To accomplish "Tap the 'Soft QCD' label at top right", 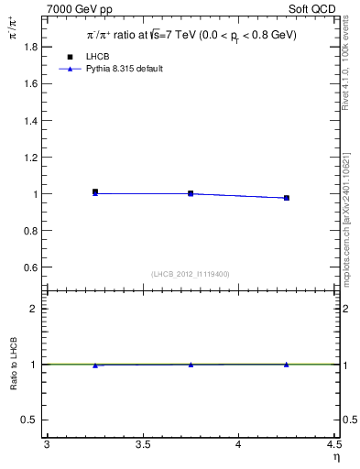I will [317, 9].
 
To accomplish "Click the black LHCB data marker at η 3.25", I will [95, 191].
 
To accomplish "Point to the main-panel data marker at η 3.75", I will [191, 193].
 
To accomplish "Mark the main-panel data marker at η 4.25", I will [287, 198].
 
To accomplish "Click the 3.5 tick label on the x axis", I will [143, 444].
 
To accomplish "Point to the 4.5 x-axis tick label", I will [333, 444].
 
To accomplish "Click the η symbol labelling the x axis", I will [335, 457].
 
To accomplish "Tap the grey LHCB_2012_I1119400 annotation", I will [191, 274].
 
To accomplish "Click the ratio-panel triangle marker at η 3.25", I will [95, 365].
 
